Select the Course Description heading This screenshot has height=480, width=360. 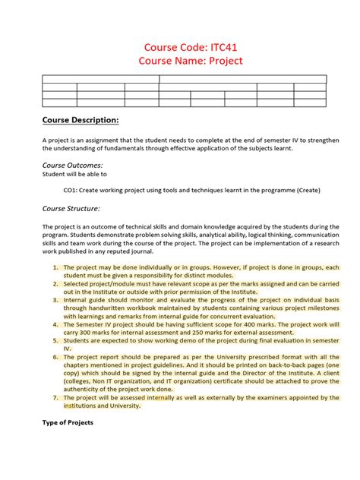pos(80,120)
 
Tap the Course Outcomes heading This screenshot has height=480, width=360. pos(72,165)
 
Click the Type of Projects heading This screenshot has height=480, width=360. pos(68,422)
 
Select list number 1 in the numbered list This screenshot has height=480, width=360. pos(55,267)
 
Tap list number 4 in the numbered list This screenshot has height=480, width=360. pos(55,324)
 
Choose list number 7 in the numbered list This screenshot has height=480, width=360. pos(55,396)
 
